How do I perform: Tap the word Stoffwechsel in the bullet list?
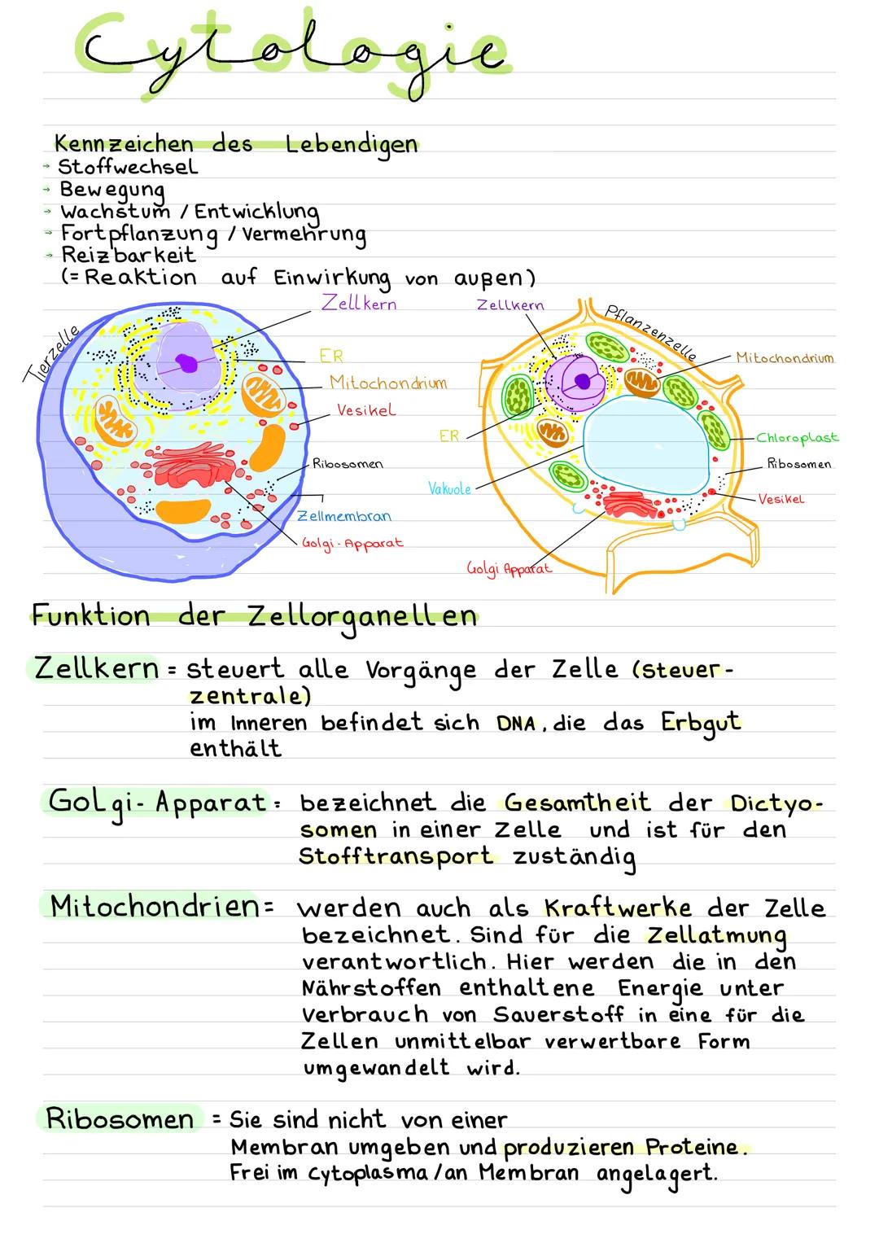click(128, 167)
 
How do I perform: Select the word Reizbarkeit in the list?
click(129, 254)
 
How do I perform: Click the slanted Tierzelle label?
click(51, 352)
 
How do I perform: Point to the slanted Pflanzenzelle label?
click(651, 332)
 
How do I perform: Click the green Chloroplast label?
click(797, 438)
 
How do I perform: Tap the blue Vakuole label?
click(449, 488)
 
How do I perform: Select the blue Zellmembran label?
click(344, 516)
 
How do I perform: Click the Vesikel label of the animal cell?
click(366, 410)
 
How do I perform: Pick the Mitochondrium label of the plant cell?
click(785, 357)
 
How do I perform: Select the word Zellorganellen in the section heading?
click(362, 616)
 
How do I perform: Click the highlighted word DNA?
click(516, 724)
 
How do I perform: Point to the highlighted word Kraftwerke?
click(618, 908)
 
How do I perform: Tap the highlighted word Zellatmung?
click(717, 935)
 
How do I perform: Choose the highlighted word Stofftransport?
click(396, 857)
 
